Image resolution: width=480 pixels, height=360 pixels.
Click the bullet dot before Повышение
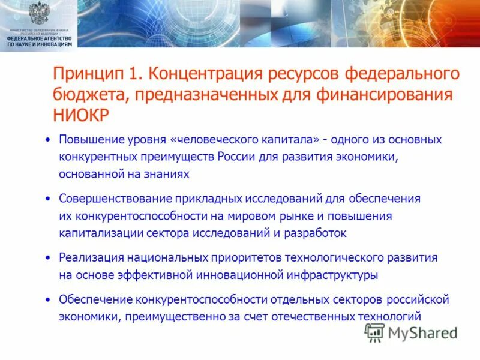pos(48,140)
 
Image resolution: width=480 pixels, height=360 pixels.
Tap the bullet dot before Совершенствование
pos(48,198)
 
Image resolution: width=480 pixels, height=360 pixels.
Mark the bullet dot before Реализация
pos(48,257)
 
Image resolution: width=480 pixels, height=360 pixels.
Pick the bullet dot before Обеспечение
pos(48,299)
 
